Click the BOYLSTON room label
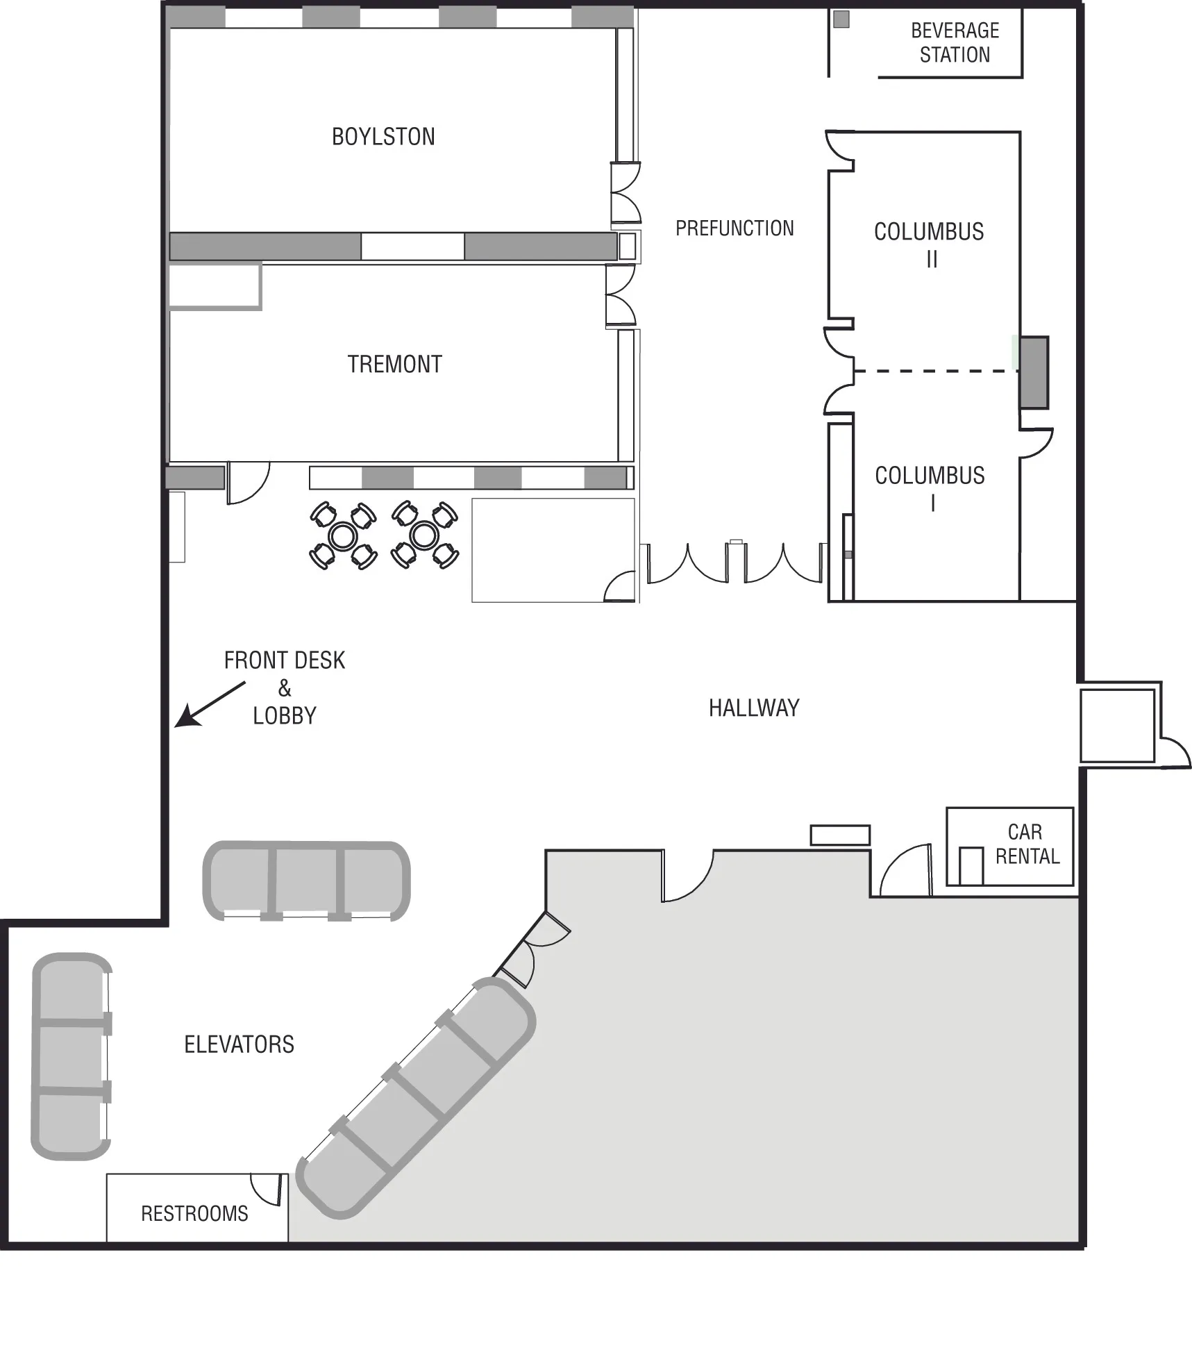383,137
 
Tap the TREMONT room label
394,364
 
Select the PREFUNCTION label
734,228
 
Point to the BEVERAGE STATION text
955,42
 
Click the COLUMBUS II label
929,244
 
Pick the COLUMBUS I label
930,488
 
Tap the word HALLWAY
754,708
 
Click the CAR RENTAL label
1027,844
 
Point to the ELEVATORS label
239,1044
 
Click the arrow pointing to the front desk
209,705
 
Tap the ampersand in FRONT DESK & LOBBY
285,688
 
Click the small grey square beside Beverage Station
841,19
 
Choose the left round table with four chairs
343,535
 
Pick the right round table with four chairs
424,535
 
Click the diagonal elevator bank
417,1097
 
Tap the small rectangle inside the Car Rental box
971,866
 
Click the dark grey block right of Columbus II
1034,372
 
